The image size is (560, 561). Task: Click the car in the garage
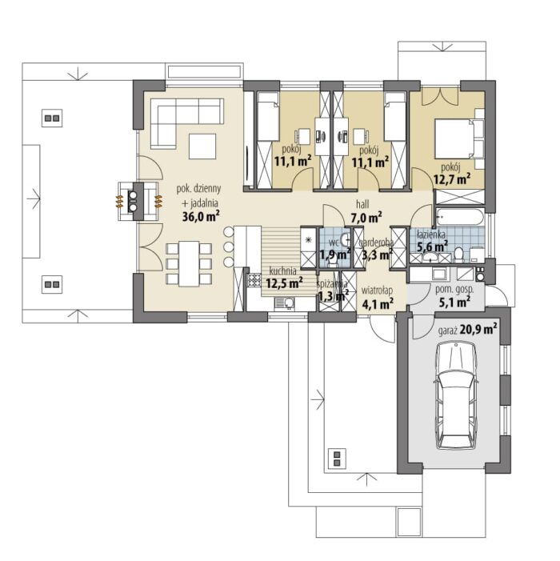456,395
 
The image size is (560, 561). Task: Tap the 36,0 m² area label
201,216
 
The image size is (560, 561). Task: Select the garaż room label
448,331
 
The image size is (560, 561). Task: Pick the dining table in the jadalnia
189,263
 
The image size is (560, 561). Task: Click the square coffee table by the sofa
202,146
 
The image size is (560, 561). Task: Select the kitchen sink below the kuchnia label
285,303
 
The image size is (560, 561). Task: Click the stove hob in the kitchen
254,280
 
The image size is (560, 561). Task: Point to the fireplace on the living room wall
138,201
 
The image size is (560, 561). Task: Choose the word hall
362,204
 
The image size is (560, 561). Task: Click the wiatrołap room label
377,290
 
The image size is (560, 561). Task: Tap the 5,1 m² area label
454,303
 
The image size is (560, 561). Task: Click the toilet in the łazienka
458,254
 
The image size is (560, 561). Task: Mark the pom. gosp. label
454,290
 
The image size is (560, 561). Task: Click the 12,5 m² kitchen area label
284,283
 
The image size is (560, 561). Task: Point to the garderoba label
376,242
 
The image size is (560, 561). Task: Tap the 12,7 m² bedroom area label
452,178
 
